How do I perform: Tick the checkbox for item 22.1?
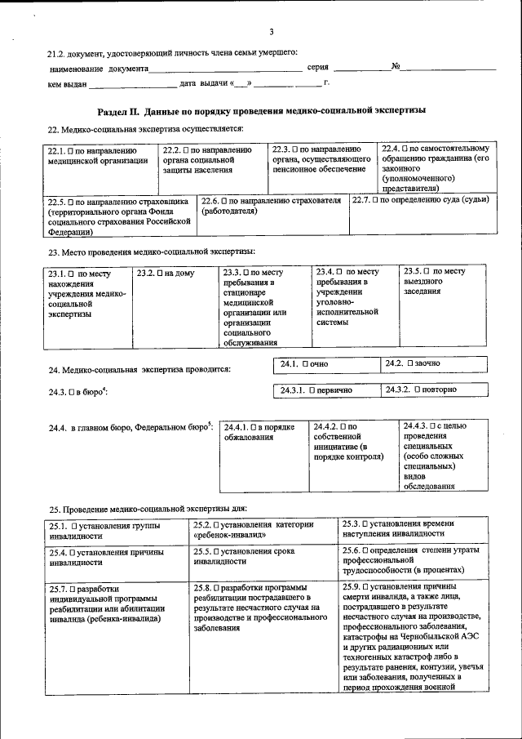pos(72,151)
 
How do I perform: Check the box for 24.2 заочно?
pos(410,363)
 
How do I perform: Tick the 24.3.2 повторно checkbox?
pos(417,390)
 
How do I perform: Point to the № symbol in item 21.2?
pos(394,66)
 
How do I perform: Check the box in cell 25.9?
pos(365,586)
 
